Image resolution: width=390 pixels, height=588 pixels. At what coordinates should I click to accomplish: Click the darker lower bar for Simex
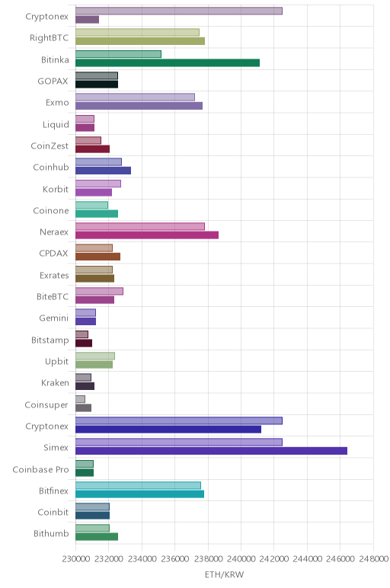point(211,451)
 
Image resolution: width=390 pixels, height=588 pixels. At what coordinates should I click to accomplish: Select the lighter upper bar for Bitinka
point(118,54)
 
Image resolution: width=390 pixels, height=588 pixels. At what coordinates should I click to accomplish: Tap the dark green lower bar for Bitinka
point(168,62)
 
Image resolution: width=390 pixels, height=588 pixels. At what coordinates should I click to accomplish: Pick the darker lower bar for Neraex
point(146,235)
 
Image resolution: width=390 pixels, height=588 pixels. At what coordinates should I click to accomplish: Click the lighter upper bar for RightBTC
point(137,32)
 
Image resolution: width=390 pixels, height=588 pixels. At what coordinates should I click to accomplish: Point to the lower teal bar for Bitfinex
point(139,494)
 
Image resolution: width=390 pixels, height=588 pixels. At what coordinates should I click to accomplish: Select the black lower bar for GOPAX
point(97,84)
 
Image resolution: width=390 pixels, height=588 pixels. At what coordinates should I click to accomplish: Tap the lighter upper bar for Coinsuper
point(80,399)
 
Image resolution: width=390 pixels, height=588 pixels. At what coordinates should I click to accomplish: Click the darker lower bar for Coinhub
point(103,171)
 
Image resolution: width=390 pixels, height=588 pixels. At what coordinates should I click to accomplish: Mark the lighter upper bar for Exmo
point(135,97)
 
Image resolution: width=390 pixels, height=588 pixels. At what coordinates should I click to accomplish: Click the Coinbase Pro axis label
point(40,469)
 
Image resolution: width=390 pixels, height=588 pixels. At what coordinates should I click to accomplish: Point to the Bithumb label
point(51,533)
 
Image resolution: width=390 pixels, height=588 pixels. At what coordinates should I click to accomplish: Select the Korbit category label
point(56,189)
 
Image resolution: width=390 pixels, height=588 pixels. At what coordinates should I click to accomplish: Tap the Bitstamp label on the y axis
point(50,340)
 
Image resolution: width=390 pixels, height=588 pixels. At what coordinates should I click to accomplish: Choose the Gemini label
point(54,318)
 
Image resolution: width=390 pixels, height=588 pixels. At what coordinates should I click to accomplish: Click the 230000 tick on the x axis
point(75,559)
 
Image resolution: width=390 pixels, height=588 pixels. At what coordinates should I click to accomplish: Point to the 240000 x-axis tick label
point(241,559)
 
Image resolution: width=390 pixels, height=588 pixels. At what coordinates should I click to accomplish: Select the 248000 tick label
point(373,559)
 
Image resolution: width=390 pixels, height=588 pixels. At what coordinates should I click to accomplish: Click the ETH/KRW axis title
point(224,574)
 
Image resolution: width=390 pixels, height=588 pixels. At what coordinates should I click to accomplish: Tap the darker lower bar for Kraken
point(85,386)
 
